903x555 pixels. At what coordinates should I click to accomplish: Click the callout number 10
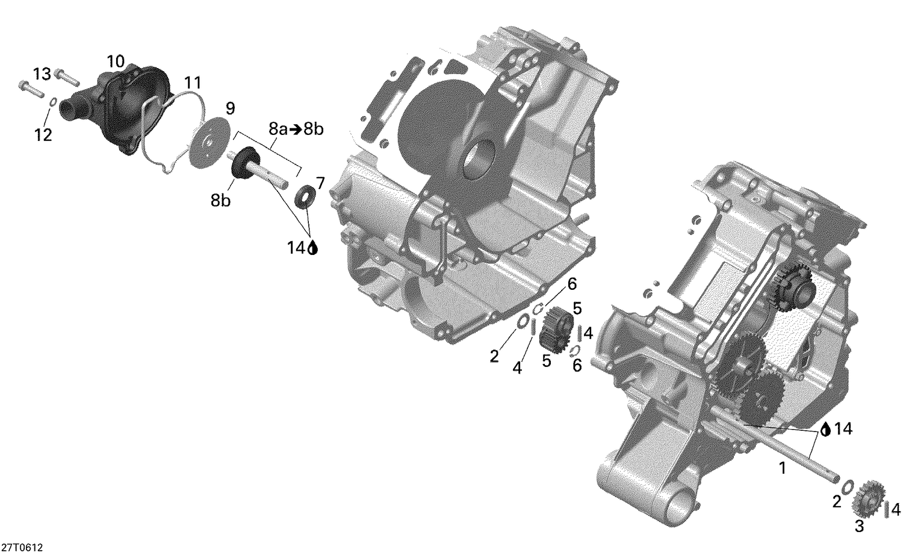[116, 61]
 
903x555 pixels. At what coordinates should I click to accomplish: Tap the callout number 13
[42, 74]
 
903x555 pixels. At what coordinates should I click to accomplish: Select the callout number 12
[43, 135]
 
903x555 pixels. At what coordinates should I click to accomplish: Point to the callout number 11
[193, 83]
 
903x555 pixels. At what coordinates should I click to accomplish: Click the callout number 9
[229, 108]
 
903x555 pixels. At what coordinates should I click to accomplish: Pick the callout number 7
[320, 183]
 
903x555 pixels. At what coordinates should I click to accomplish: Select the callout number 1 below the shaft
[782, 467]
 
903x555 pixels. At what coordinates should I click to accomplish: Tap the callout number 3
[859, 527]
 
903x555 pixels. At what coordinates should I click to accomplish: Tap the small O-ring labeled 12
[53, 102]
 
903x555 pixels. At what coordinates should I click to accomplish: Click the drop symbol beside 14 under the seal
[312, 248]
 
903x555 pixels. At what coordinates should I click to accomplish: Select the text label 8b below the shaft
[220, 201]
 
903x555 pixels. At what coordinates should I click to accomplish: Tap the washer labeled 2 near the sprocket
[848, 486]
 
